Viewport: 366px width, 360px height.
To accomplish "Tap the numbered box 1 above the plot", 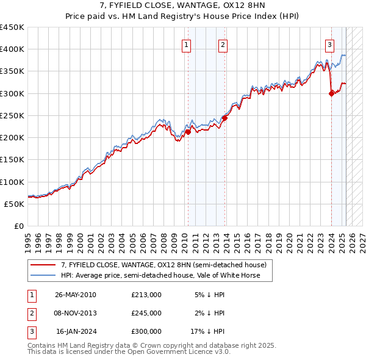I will (x=185, y=44).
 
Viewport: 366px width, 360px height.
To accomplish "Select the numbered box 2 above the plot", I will (x=223, y=44).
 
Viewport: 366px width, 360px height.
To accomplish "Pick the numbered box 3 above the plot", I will (x=329, y=44).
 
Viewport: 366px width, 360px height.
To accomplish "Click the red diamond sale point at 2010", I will (x=188, y=132).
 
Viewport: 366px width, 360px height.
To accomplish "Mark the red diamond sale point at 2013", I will (x=224, y=118).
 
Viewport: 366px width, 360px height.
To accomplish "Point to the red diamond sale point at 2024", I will (x=331, y=93).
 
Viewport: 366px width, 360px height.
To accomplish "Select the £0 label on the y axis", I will (x=18, y=226).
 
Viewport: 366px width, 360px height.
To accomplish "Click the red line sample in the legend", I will (x=43, y=265).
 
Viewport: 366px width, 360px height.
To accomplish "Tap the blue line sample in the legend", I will (x=43, y=276).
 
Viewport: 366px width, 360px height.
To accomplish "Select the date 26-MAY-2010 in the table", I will (x=76, y=295).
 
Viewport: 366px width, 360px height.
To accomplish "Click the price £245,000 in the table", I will (x=146, y=313).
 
